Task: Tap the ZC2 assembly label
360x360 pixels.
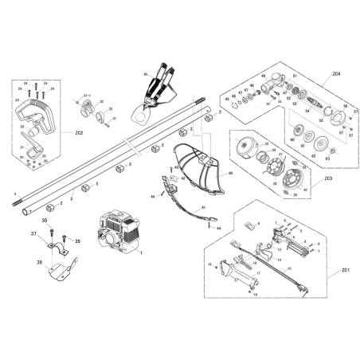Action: (78, 131)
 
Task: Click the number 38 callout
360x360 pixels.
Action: (40, 260)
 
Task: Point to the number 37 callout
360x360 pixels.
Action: (34, 233)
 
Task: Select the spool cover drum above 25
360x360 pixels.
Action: (248, 149)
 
